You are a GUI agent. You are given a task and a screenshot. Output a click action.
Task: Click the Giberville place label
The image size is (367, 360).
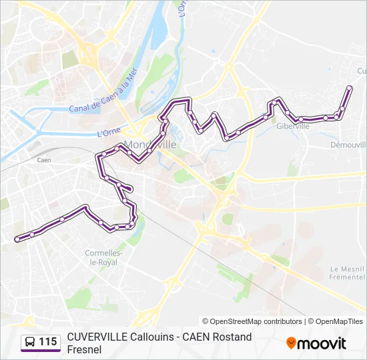293,126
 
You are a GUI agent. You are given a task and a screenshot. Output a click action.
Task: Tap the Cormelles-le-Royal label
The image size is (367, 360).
101,257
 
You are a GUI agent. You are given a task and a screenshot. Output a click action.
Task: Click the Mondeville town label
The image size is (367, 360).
150,145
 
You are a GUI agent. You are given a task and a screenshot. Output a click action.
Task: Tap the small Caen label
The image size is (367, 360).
44,160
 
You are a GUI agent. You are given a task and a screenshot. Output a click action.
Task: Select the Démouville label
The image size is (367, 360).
348,144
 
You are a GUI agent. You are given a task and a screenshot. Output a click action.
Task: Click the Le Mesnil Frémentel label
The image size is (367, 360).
348,272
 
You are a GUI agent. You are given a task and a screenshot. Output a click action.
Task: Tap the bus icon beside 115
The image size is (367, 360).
30,342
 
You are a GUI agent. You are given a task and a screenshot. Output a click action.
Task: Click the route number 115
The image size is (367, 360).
48,342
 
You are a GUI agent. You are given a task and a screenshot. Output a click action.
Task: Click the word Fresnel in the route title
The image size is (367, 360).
84,349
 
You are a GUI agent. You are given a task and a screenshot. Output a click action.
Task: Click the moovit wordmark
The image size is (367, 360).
322,343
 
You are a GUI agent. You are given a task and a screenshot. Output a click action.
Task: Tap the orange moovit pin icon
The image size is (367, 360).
291,343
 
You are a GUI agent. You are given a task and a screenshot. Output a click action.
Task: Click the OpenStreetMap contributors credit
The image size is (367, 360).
252,321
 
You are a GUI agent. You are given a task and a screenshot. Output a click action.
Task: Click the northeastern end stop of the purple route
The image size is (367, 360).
350,87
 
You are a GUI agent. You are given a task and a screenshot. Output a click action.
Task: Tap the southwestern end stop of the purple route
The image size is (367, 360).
17,239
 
